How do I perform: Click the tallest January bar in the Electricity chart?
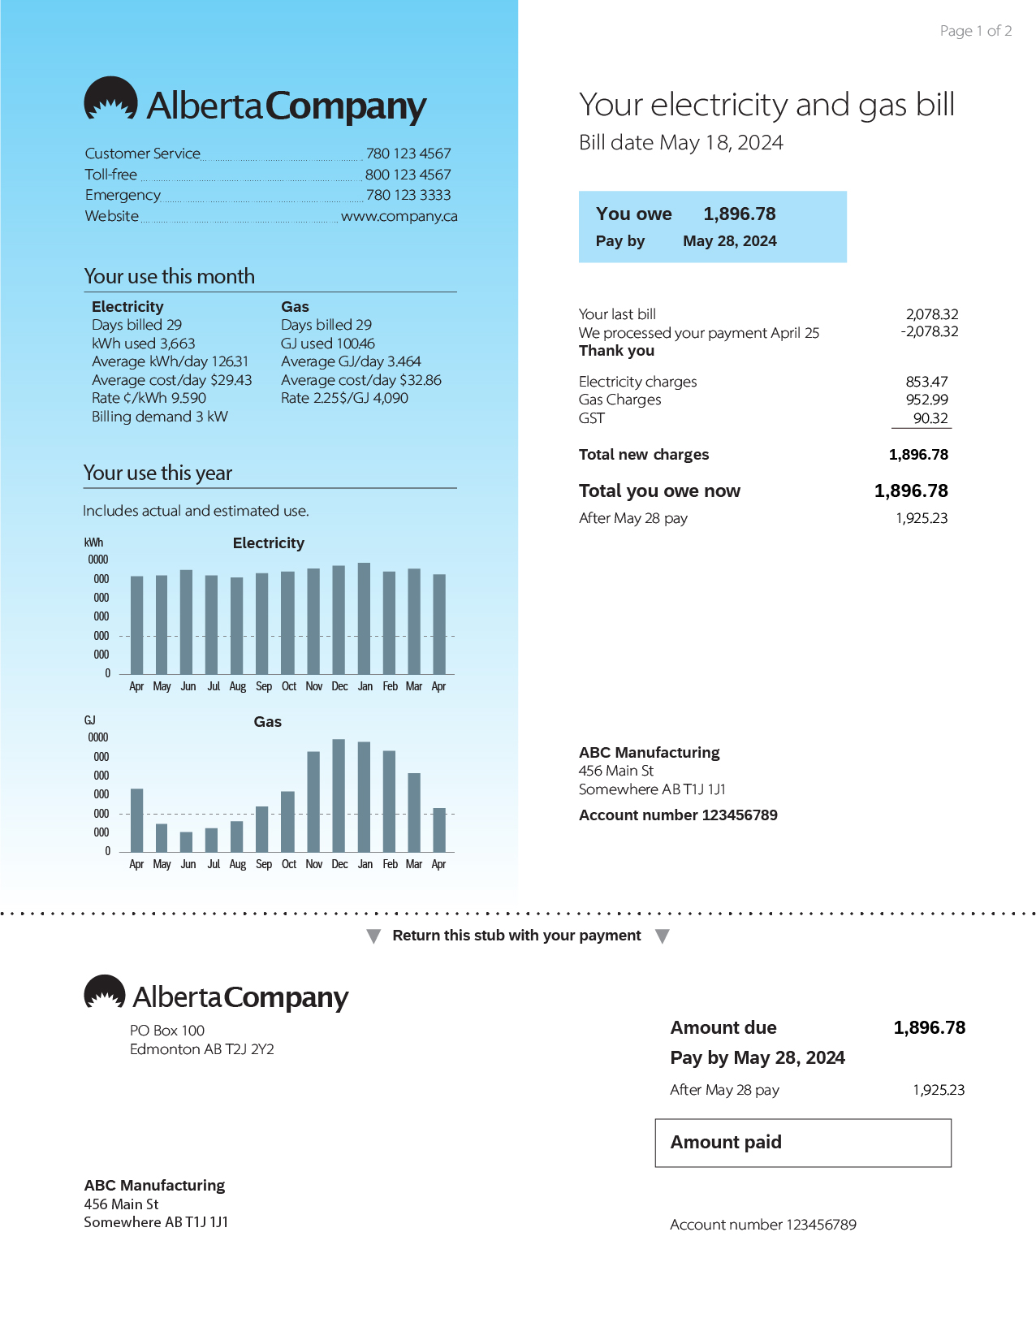[365, 617]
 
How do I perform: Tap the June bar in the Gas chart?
[187, 841]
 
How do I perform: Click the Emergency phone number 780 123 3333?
[408, 195]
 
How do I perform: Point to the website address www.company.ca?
[399, 216]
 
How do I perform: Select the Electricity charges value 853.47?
[926, 382]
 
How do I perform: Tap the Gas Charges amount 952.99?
[926, 400]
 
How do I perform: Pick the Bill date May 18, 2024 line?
[680, 143]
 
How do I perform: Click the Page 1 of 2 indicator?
[975, 31]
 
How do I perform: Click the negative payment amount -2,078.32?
[929, 331]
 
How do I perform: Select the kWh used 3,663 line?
[143, 344]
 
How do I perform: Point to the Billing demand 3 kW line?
[159, 417]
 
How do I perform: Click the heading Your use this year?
[158, 473]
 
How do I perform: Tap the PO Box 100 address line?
[166, 1031]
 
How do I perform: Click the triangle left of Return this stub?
[373, 936]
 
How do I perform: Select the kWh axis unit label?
[93, 542]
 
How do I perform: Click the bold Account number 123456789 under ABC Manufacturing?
[678, 815]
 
